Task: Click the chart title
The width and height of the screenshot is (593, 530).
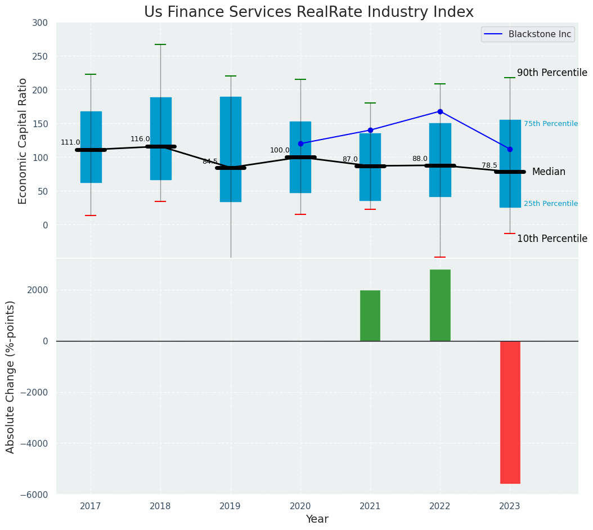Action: tap(309, 12)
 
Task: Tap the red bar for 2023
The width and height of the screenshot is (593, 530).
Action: tap(510, 412)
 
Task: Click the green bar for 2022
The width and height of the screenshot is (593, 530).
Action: tap(440, 305)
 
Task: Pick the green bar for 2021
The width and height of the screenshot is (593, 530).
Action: tap(370, 316)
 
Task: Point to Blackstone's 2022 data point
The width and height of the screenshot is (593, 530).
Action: tap(440, 111)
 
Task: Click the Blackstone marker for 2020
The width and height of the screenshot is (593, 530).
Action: tap(300, 143)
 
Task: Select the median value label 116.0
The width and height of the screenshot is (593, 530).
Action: tap(140, 139)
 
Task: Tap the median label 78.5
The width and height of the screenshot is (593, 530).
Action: tap(489, 165)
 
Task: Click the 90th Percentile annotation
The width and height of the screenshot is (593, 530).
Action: tap(552, 73)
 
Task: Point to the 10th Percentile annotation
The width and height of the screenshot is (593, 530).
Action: tap(552, 239)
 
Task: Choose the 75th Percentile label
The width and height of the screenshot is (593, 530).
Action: tap(550, 124)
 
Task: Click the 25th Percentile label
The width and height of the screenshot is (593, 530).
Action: tap(550, 204)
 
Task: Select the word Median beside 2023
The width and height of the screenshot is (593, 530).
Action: tap(549, 172)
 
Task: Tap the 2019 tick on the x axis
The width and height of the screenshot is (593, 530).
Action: tap(230, 506)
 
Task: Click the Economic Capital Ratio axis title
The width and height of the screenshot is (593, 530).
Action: tap(23, 141)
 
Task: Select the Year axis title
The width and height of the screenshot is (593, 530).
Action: tap(317, 519)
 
